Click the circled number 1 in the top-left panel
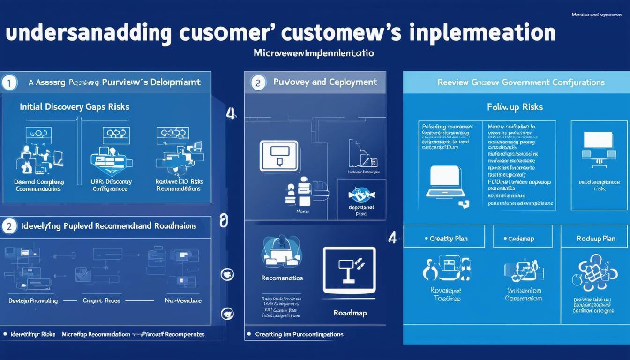(9, 83)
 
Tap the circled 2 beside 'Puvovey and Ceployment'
(257, 83)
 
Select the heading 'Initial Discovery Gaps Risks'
(74, 107)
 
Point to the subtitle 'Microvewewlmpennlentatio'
(314, 53)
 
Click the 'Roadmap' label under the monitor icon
(349, 313)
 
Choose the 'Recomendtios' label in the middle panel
(282, 278)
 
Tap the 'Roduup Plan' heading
(595, 239)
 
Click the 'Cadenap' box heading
(521, 239)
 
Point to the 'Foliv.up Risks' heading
(515, 107)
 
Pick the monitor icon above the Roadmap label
(349, 271)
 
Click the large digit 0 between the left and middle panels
(224, 220)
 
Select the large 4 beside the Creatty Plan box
(393, 238)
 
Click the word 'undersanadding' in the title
(88, 34)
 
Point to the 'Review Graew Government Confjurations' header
(521, 82)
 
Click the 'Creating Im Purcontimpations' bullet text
(299, 334)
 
